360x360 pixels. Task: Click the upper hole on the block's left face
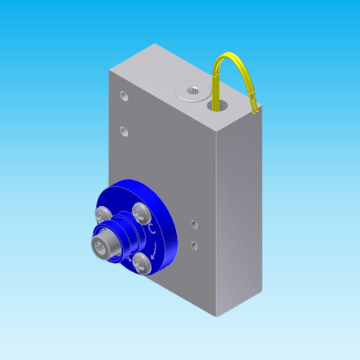pyautogui.click(x=125, y=95)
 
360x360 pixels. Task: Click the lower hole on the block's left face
pyautogui.click(x=125, y=131)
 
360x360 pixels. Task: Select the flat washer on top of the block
pyautogui.click(x=192, y=92)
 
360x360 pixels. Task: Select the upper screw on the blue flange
pyautogui.click(x=139, y=211)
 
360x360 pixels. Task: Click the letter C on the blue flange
pyautogui.click(x=153, y=229)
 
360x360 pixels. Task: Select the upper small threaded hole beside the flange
pyautogui.click(x=193, y=225)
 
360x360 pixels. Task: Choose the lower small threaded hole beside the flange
pyautogui.click(x=193, y=246)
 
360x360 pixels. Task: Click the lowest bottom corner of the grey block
pyautogui.click(x=214, y=318)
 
